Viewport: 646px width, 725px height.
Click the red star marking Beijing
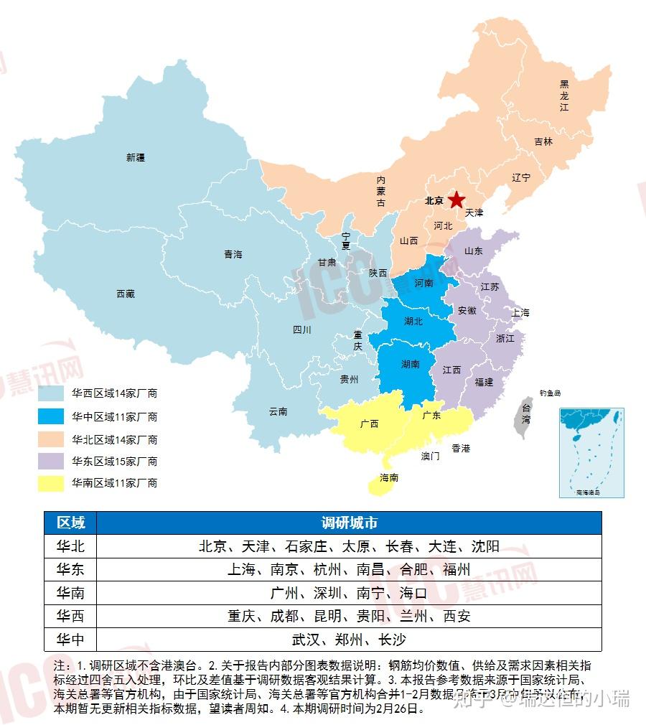(456, 200)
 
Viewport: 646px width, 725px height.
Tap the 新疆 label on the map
(136, 157)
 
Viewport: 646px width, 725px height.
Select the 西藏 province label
(126, 294)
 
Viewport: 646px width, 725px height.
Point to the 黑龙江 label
(564, 95)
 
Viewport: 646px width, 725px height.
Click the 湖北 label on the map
(413, 322)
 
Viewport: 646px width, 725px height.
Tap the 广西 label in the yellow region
(370, 424)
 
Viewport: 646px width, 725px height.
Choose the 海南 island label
(390, 477)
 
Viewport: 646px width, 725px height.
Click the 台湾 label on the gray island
(526, 414)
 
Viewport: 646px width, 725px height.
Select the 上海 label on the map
(520, 313)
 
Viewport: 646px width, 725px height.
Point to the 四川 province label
(302, 330)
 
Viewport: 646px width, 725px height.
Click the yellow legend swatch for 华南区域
(52, 483)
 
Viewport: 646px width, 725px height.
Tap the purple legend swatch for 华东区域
(52, 461)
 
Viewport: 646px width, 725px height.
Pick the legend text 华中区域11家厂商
(114, 416)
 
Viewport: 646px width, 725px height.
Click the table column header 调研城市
(349, 522)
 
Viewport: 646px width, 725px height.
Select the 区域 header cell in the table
(70, 522)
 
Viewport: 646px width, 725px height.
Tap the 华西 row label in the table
(70, 616)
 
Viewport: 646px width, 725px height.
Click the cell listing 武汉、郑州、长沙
(349, 640)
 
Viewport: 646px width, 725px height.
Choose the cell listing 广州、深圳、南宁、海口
(349, 593)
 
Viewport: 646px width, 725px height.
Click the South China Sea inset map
(591, 452)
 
